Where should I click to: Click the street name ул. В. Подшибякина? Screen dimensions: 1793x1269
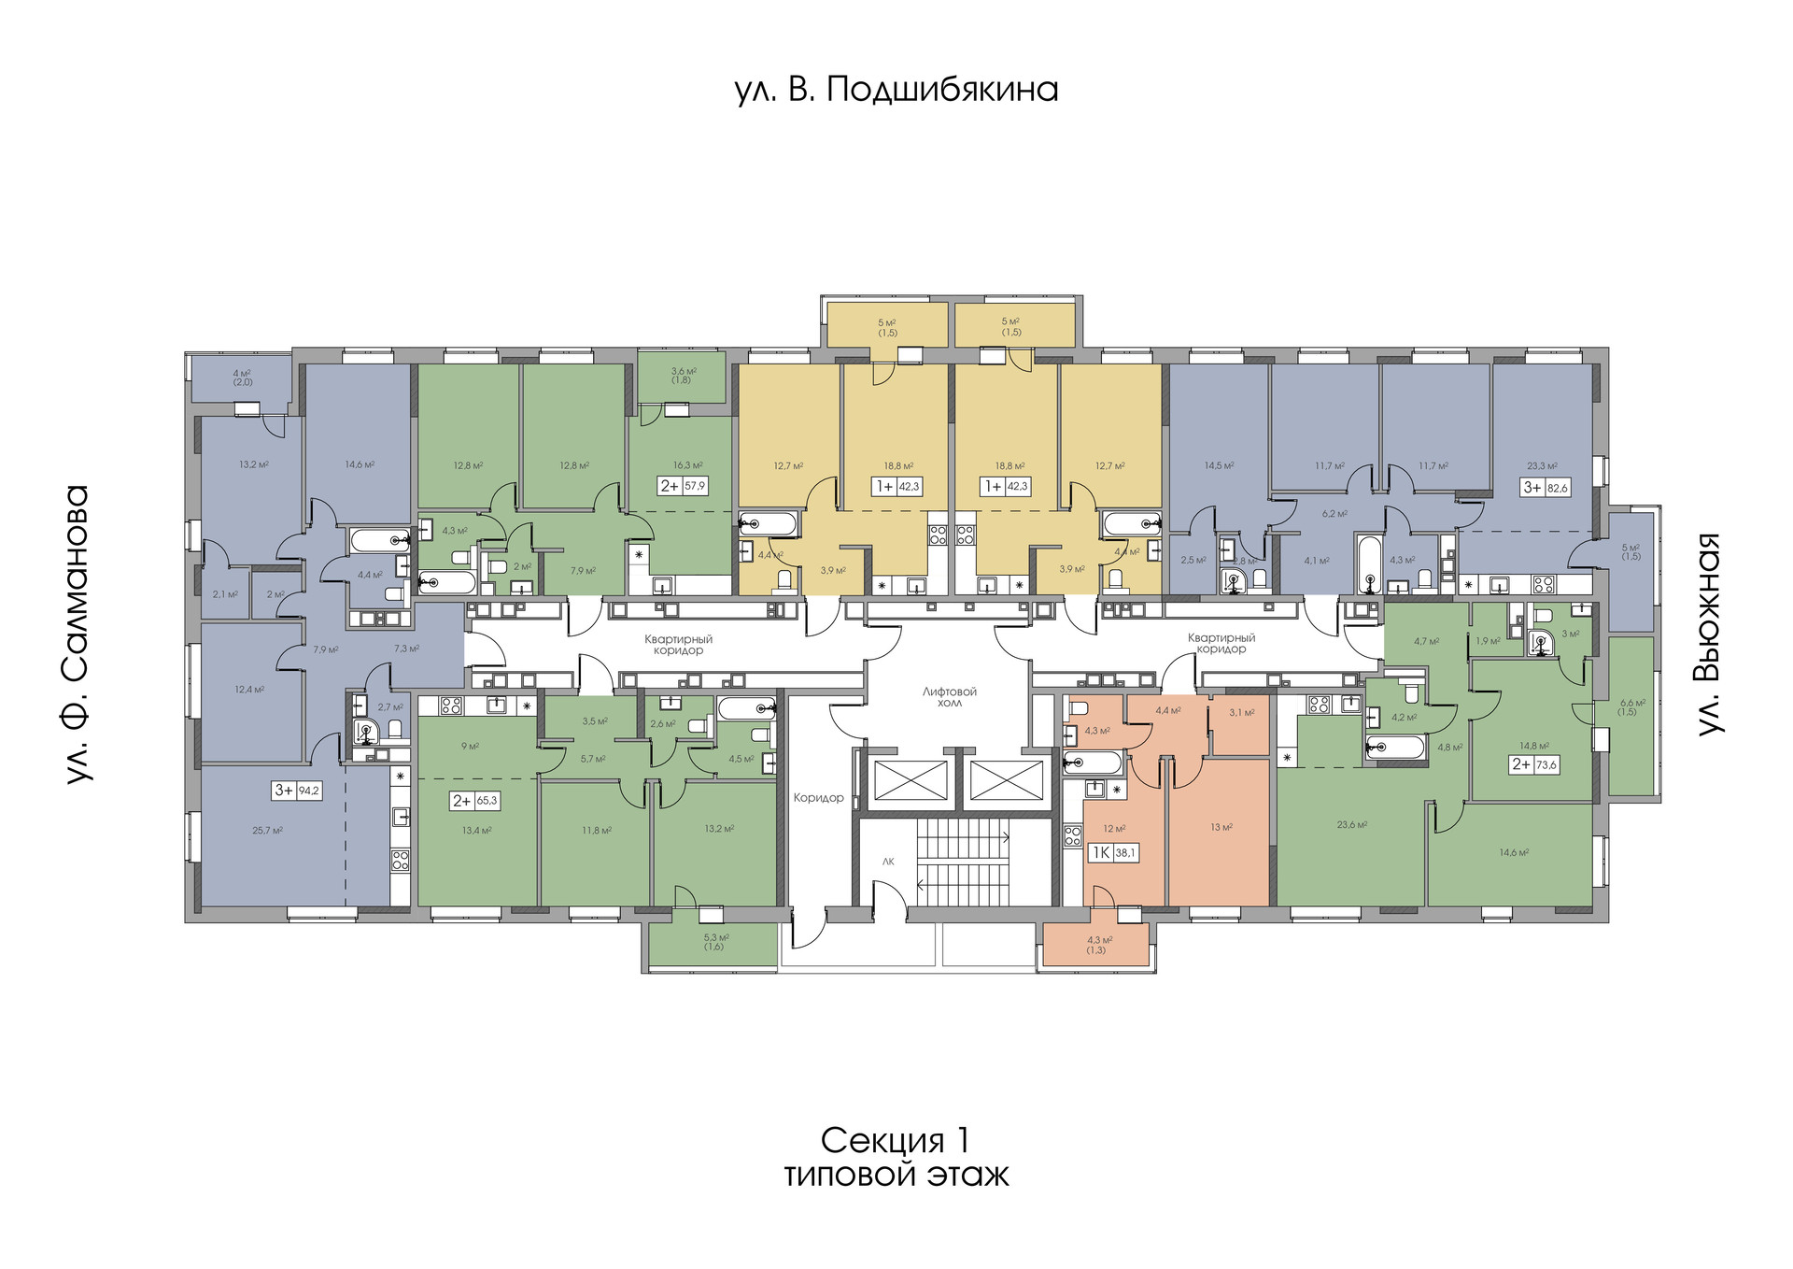(x=896, y=90)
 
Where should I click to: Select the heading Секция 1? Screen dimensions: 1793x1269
(x=896, y=1140)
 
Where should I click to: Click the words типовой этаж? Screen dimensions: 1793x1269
(x=896, y=1175)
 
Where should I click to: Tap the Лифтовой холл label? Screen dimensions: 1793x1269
(x=949, y=697)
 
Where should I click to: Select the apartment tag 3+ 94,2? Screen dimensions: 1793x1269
(x=297, y=791)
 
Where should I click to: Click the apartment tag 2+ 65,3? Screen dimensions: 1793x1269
(x=475, y=801)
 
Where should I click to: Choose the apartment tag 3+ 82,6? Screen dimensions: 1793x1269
(x=1546, y=488)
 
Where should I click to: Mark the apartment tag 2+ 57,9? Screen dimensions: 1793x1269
(x=683, y=486)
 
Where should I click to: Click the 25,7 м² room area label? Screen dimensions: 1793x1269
(x=267, y=831)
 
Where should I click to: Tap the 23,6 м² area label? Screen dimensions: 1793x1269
(x=1351, y=825)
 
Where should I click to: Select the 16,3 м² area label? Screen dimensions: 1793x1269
(x=687, y=465)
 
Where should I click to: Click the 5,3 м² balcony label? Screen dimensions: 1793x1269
(x=716, y=942)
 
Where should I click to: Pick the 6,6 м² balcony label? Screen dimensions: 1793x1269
(x=1632, y=707)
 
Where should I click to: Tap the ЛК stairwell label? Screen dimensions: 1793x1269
(x=888, y=862)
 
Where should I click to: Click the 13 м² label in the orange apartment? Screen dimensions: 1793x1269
(x=1221, y=827)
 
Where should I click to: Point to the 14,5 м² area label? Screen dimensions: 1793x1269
(x=1219, y=465)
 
